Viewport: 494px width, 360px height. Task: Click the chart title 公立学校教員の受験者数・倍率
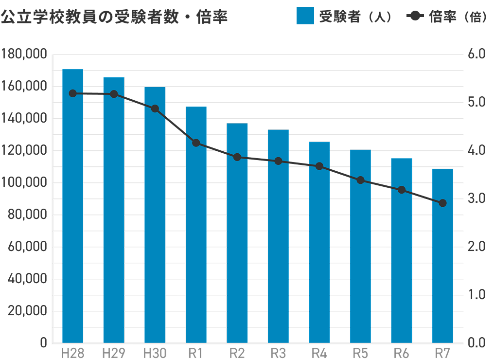click(114, 18)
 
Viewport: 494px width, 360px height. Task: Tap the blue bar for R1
click(196, 224)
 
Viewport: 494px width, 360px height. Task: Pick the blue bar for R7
click(442, 255)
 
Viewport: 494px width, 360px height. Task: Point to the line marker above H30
click(155, 108)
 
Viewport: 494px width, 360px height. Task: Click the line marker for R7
click(442, 203)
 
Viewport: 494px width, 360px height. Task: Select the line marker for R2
click(237, 157)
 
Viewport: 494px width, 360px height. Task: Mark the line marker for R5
click(360, 180)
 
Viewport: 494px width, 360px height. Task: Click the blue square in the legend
click(305, 17)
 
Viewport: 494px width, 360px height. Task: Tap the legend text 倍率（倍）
click(457, 17)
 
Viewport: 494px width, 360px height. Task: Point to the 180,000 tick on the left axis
click(24, 54)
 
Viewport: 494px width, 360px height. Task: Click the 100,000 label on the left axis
click(24, 182)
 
